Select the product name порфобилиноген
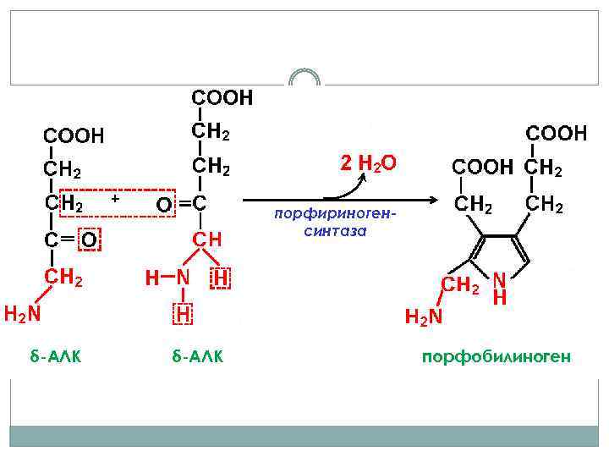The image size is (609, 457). click(497, 357)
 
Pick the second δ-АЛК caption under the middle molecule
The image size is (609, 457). click(197, 357)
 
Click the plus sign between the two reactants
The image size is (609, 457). click(115, 198)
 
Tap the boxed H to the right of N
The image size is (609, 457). click(221, 277)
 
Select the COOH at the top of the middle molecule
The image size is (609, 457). click(222, 98)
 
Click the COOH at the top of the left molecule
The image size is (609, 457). click(74, 135)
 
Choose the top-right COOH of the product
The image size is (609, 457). click(557, 133)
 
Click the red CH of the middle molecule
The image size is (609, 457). click(207, 240)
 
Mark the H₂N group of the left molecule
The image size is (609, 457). click(21, 314)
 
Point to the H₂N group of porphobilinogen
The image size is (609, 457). click(424, 317)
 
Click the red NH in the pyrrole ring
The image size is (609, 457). click(500, 288)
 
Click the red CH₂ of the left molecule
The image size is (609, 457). click(63, 277)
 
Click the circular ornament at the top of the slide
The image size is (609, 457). click(304, 78)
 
